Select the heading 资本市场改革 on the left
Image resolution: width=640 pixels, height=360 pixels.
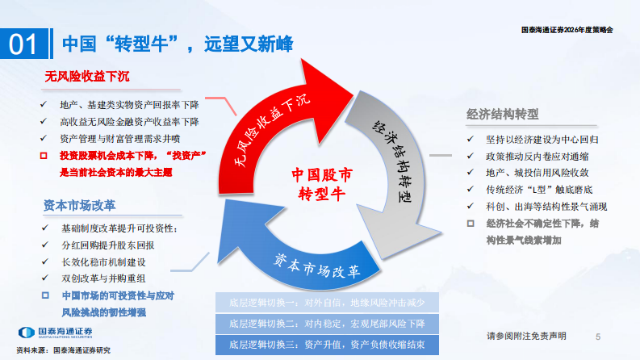click(82, 204)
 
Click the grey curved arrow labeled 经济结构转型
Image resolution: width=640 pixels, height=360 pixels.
click(395, 161)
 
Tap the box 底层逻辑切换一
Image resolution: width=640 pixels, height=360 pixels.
click(328, 303)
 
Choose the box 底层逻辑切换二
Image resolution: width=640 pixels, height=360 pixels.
click(328, 324)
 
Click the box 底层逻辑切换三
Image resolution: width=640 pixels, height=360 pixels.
click(328, 345)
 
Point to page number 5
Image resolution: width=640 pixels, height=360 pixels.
click(598, 336)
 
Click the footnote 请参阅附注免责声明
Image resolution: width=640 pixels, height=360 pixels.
click(525, 336)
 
